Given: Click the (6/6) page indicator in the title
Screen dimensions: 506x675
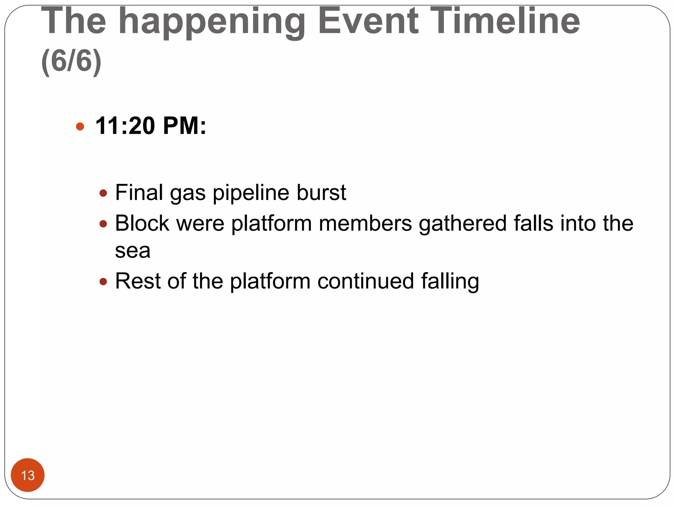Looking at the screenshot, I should [x=71, y=61].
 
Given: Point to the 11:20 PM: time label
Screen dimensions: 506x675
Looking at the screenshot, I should [x=151, y=126].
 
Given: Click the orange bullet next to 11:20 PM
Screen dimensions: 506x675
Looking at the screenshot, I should [x=80, y=126].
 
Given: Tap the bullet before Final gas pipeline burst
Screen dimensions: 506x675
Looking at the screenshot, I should [x=103, y=193].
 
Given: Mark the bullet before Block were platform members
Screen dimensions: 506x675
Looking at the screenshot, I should [x=103, y=224].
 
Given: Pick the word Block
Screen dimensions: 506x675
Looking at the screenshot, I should [x=142, y=223].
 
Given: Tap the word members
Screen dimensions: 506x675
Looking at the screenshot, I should [x=365, y=223].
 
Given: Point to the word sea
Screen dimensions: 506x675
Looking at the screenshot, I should [x=132, y=251].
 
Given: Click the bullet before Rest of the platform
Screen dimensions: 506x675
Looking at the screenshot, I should [x=103, y=282].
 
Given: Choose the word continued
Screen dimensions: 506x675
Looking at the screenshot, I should [x=366, y=281].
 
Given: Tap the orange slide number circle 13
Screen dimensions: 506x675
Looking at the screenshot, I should [x=28, y=475].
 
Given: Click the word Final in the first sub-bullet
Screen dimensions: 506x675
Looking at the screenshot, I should [x=139, y=192].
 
